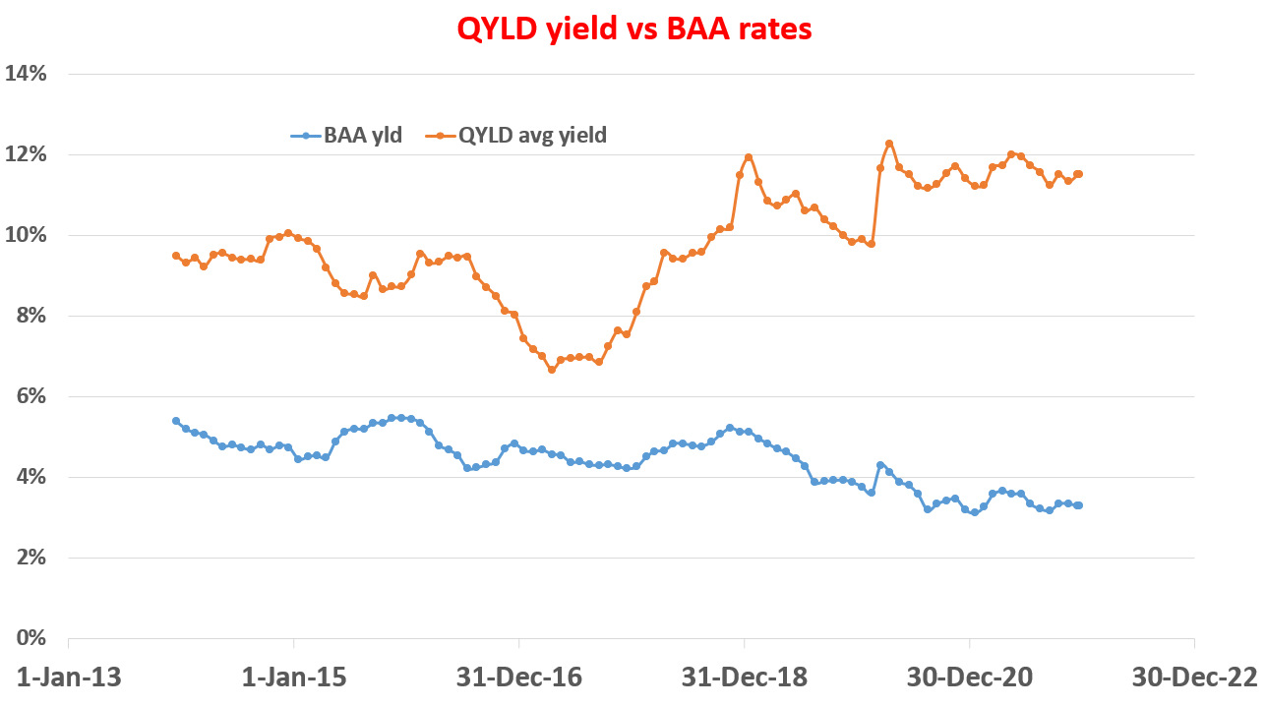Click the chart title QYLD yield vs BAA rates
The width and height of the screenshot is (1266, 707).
633,29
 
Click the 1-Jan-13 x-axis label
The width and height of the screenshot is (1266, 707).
68,678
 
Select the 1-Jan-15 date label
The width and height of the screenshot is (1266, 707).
293,678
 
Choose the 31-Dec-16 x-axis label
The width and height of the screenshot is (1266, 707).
518,678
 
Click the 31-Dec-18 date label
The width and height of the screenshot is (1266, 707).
745,678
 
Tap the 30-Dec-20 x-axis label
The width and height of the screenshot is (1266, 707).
970,678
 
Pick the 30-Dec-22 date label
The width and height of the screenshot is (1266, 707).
1194,678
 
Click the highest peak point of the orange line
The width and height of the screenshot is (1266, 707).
889,144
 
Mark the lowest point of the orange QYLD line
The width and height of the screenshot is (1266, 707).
552,370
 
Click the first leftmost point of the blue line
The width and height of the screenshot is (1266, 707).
176,421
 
